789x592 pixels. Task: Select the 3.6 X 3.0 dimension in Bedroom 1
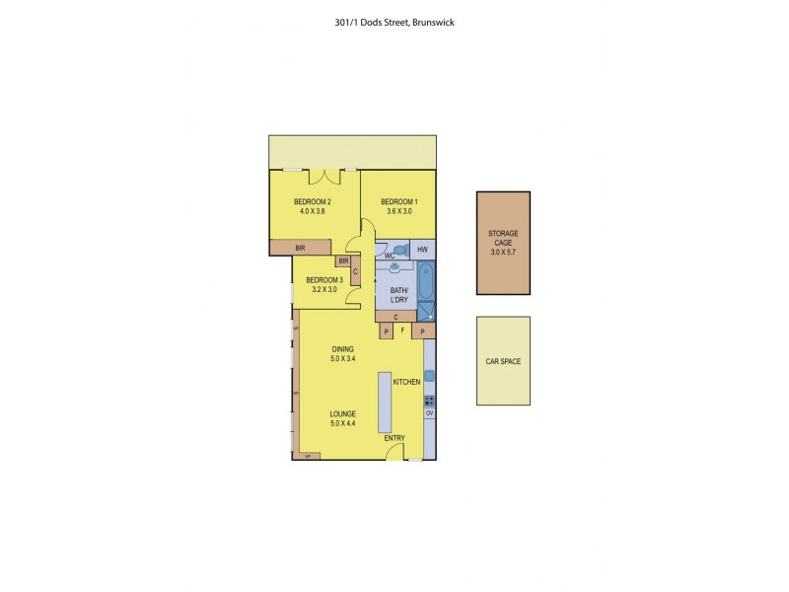397,211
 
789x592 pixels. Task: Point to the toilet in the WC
399,250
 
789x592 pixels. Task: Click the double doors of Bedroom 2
324,177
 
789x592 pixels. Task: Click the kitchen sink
429,375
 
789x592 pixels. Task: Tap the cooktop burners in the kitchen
429,401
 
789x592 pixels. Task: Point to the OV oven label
429,413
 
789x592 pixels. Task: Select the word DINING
342,349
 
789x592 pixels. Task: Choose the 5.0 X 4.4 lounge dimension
342,423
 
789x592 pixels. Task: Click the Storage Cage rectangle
503,243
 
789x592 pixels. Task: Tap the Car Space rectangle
503,361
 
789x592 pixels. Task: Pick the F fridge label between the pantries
402,331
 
